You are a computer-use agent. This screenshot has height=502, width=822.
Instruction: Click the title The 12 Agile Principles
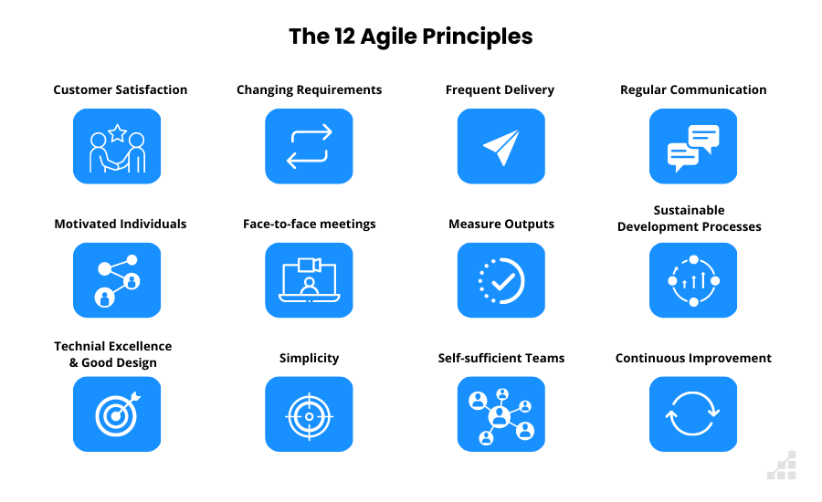pos(410,37)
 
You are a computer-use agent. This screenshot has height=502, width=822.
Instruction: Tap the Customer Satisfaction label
pos(121,89)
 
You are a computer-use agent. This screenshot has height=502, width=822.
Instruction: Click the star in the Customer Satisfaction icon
pos(117,133)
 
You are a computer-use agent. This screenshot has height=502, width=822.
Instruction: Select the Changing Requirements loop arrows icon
pos(309,146)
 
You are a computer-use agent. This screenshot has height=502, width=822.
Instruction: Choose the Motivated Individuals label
pos(121,224)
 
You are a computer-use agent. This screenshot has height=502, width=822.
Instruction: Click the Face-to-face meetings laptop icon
pos(309,279)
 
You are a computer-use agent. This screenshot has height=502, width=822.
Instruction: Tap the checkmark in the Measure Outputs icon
pos(502,282)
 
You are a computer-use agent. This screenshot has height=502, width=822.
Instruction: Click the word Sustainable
pos(689,210)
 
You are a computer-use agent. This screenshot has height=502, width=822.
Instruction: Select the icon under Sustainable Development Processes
pos(693,280)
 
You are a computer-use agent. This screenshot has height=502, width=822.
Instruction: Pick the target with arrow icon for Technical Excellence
pos(117,414)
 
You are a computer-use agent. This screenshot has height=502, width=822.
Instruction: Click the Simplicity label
pos(309,358)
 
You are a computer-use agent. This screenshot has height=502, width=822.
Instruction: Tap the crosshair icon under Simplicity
pos(309,415)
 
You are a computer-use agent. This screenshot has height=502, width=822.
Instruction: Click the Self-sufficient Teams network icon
pos(501,415)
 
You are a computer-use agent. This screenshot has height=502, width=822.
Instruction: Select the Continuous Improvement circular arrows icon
pos(693,414)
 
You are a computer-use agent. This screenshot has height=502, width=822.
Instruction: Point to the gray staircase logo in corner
pos(782,465)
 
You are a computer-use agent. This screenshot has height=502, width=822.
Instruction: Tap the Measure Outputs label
pos(501,224)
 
